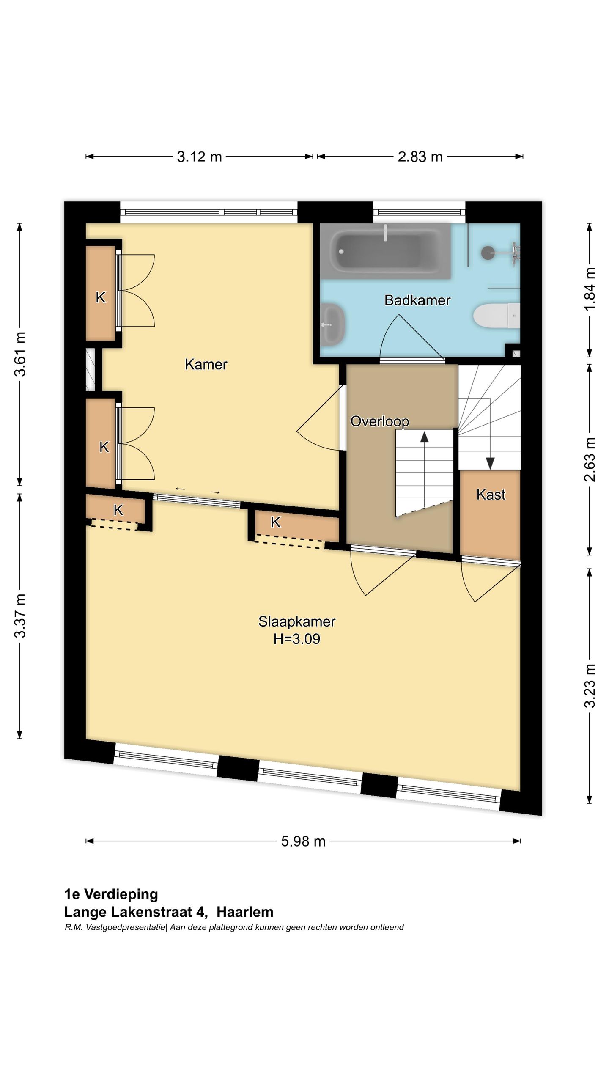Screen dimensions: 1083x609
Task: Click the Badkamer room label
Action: coord(417,300)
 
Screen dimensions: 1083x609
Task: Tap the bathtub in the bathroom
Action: coord(384,251)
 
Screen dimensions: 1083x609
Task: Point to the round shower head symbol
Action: coord(487,253)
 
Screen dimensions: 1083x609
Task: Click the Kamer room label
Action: coord(206,364)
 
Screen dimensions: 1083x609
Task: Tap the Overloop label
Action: coord(379,421)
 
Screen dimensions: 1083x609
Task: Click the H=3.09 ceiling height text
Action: coord(296,638)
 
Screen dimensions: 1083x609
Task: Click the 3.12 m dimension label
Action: coord(199,157)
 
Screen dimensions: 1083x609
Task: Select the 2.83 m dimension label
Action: coord(420,157)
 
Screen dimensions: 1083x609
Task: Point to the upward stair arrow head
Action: coord(424,437)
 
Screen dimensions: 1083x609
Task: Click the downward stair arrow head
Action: coord(490,464)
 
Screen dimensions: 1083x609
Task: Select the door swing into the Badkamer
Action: coord(410,338)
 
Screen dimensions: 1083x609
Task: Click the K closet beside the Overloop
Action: coord(275,522)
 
